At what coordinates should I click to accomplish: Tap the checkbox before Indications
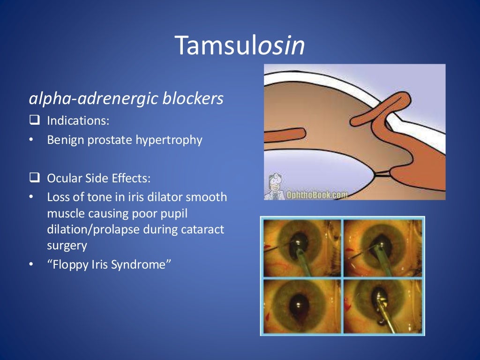click(34, 120)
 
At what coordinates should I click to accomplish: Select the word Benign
click(62, 140)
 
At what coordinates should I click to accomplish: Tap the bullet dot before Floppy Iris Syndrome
click(31, 265)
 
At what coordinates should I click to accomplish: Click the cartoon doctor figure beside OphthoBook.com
click(276, 187)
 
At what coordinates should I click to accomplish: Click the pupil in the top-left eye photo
click(298, 244)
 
